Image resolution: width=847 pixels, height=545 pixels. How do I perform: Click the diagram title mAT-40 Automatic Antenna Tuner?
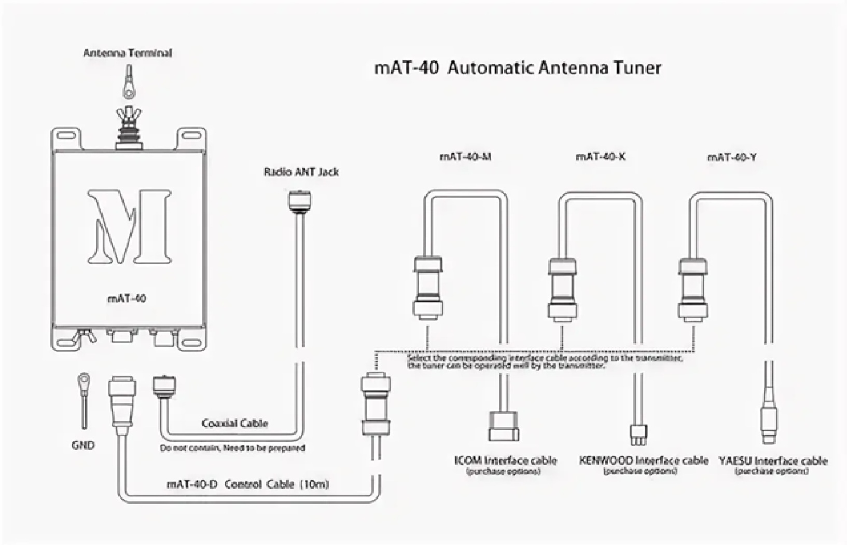click(517, 67)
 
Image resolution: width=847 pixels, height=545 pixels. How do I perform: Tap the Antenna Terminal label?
click(128, 52)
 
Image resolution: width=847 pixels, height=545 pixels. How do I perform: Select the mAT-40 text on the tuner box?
click(127, 298)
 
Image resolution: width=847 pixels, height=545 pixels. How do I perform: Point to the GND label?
click(83, 445)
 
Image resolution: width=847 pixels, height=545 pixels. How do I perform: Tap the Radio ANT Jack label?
click(301, 172)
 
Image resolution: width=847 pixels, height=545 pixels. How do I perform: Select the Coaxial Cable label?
click(234, 423)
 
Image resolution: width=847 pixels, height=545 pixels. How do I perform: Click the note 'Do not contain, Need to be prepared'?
click(232, 447)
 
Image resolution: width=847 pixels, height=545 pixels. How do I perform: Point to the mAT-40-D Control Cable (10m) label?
click(247, 484)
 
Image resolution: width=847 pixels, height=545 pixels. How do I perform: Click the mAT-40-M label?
click(465, 156)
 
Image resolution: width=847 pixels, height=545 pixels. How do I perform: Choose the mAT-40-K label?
click(600, 156)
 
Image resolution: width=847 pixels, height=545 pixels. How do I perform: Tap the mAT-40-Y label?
click(731, 157)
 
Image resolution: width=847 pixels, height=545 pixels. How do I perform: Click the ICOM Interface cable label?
click(505, 460)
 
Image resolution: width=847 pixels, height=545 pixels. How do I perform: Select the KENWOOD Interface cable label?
click(643, 460)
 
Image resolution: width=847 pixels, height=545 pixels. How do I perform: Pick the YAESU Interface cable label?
click(773, 460)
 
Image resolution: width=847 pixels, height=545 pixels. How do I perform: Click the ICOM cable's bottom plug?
click(504, 426)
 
